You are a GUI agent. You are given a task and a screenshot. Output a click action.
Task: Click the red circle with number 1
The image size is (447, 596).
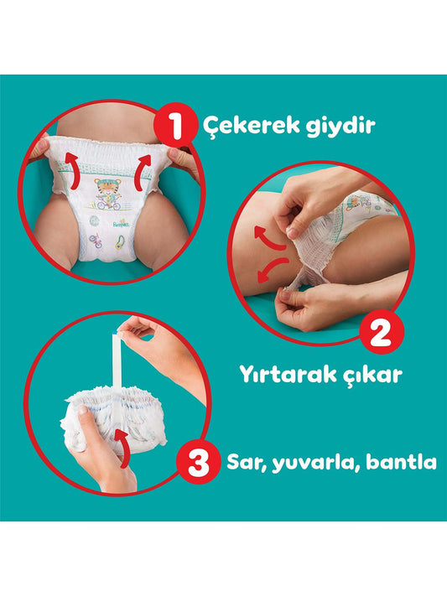(176, 126)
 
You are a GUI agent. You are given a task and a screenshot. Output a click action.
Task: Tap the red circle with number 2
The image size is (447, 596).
(382, 332)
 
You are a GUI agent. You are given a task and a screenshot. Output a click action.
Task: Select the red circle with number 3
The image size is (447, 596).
(198, 462)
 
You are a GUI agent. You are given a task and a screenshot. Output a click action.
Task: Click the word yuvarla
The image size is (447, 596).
(315, 463)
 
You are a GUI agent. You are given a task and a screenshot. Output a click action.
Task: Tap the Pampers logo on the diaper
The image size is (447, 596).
(121, 224)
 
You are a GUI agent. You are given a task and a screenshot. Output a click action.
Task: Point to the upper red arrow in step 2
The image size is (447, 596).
(268, 238)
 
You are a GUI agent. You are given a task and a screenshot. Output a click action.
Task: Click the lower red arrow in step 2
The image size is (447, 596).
(271, 269)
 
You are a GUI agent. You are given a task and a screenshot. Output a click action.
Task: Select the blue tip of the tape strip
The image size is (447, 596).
(116, 333)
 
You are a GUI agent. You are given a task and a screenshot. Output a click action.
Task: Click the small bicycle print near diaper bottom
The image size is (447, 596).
(96, 241)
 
